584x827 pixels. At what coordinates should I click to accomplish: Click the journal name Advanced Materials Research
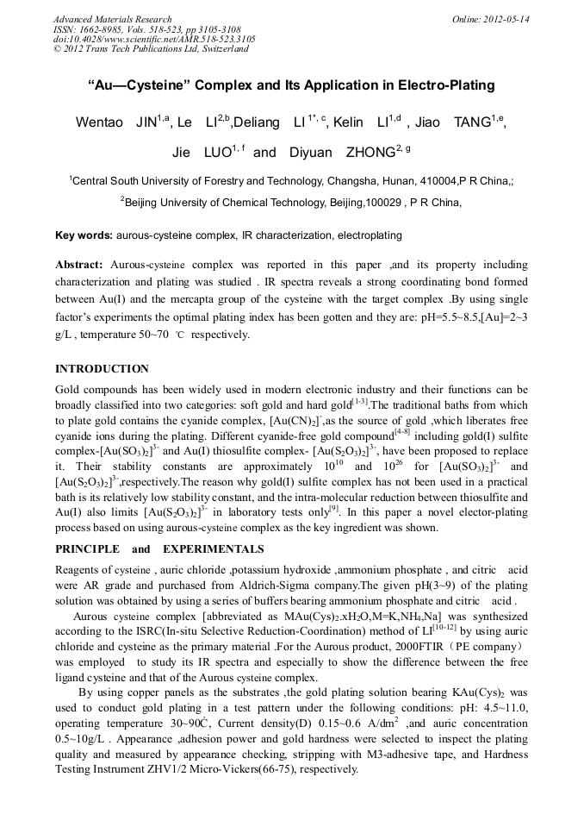click(x=112, y=19)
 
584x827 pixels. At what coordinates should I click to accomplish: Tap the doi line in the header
click(x=154, y=39)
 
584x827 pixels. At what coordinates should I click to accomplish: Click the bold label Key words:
click(x=84, y=235)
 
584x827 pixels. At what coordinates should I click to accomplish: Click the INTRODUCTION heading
click(x=102, y=369)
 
